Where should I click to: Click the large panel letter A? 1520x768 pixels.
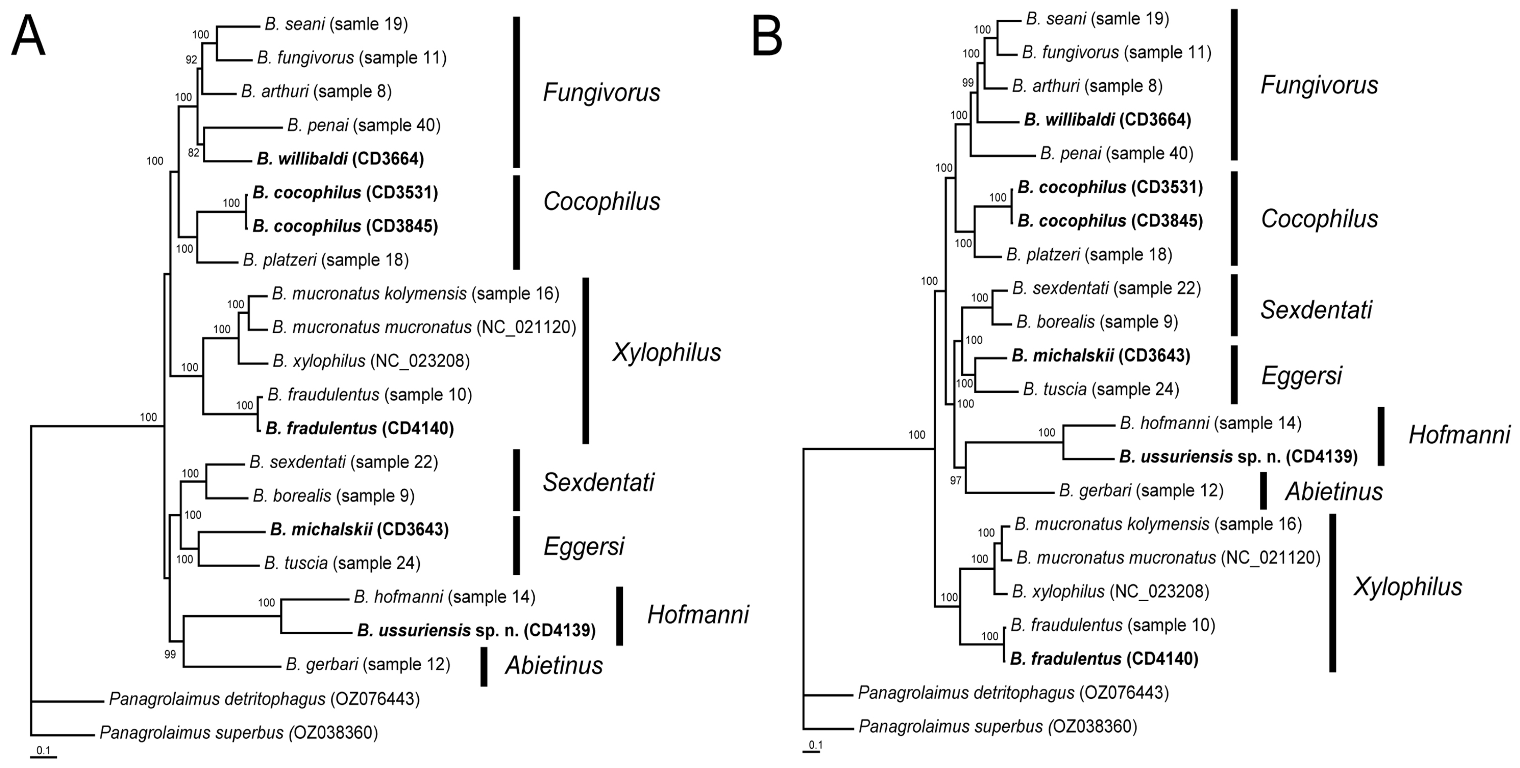click(28, 37)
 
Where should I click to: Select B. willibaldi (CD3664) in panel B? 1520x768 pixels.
click(1107, 120)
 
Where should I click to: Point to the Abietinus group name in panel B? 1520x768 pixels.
click(1333, 491)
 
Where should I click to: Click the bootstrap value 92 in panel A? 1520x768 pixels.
click(191, 60)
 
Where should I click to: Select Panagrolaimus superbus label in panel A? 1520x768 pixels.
click(238, 733)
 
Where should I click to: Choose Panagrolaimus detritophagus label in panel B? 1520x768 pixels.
click(1013, 693)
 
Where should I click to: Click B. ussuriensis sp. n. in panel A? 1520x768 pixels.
click(476, 630)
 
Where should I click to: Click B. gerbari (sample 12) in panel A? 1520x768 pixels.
click(367, 665)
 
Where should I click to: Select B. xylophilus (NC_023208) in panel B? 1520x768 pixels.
click(1110, 592)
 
